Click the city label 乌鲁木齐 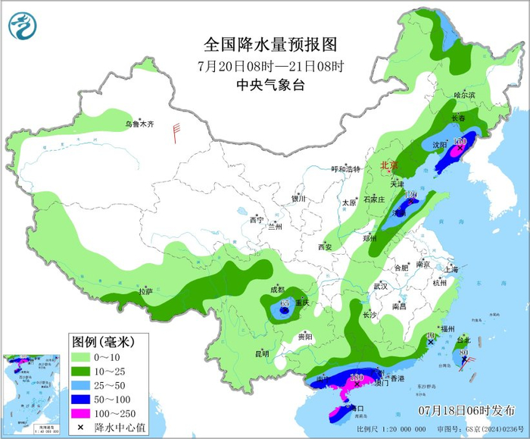pyautogui.click(x=139, y=124)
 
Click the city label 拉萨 pyautogui.click(x=145, y=291)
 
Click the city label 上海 pyautogui.click(x=452, y=268)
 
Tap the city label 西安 pyautogui.click(x=325, y=247)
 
